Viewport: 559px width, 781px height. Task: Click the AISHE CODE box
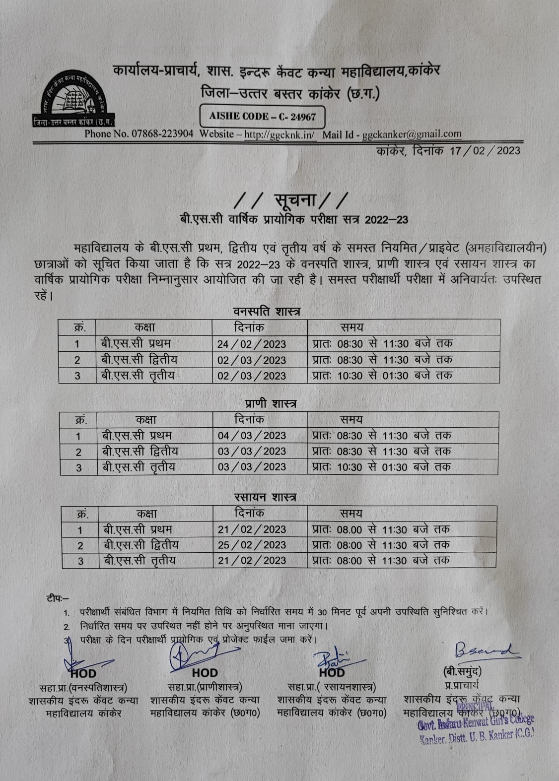point(262,117)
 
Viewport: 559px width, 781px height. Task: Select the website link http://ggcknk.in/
point(280,134)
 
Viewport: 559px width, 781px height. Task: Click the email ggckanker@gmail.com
point(412,134)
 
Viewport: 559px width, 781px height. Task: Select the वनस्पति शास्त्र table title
point(267,312)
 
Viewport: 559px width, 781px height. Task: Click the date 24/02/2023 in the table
point(252,344)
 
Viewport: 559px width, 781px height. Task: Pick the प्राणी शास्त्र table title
point(271,403)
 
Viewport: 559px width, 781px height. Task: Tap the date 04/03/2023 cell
point(252,436)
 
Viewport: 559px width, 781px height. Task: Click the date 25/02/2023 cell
point(252,545)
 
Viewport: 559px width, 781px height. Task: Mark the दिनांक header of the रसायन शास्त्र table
point(249,513)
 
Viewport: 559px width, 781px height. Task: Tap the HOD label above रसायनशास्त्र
point(332,673)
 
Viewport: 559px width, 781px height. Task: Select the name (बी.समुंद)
point(462,672)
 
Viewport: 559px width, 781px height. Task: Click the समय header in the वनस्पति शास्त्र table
point(351,327)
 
